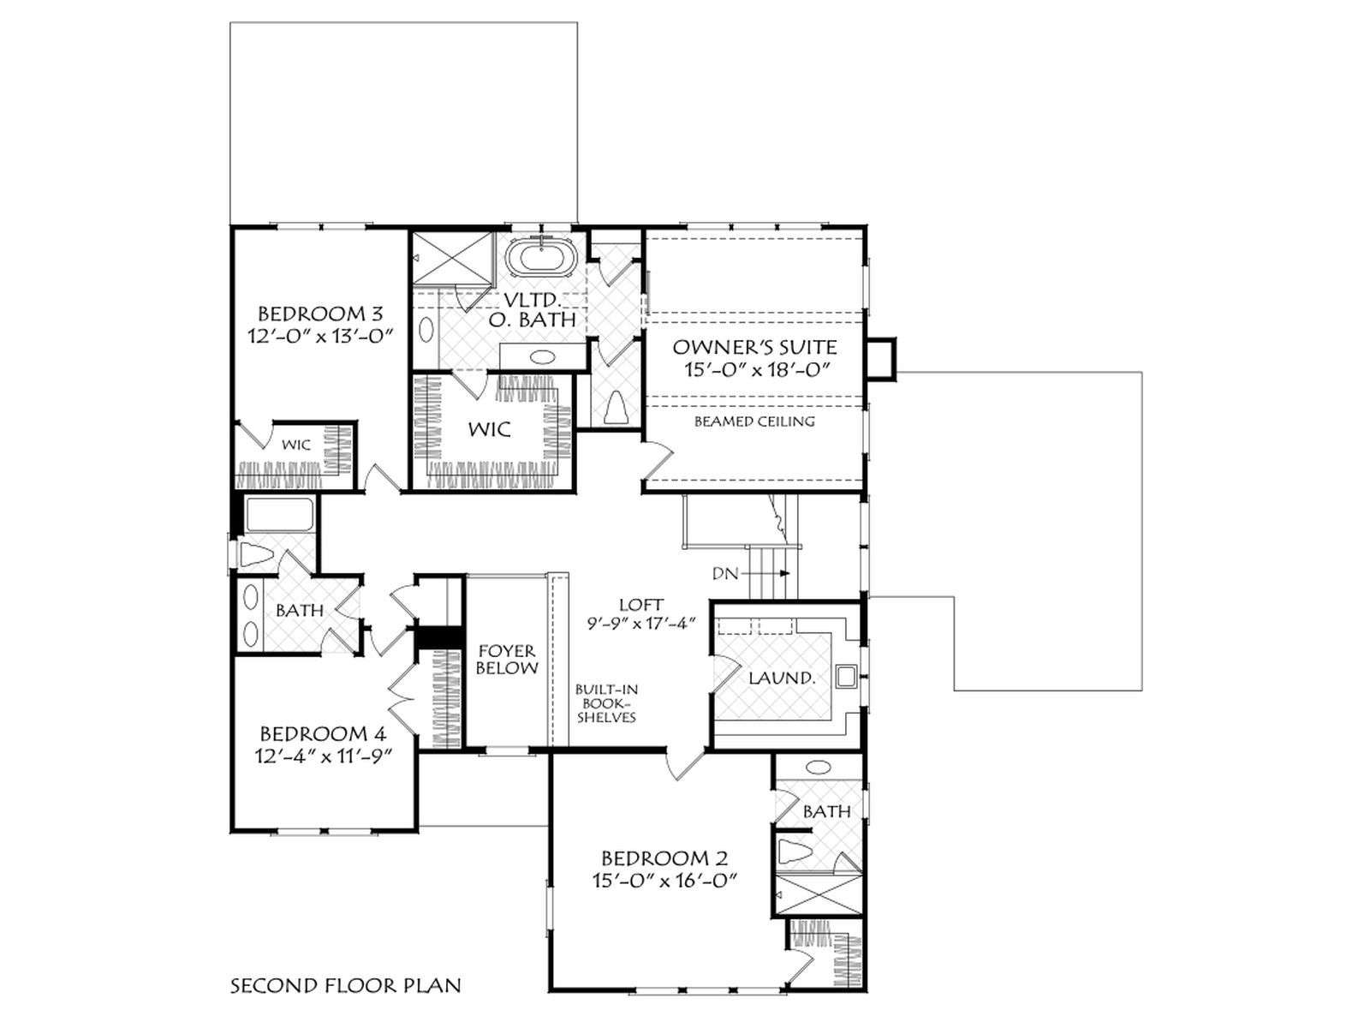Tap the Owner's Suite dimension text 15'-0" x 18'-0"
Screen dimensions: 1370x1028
click(x=759, y=369)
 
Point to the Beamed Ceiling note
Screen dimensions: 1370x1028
click(x=754, y=421)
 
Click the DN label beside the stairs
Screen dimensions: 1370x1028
click(x=725, y=573)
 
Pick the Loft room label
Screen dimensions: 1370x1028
click(x=641, y=604)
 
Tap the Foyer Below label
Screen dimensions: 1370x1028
click(x=507, y=659)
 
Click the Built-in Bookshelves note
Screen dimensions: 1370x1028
click(x=606, y=703)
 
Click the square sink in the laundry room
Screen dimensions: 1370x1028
click(x=846, y=677)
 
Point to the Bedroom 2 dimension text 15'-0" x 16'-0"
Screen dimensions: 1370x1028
click(x=664, y=881)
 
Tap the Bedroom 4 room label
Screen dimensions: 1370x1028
click(x=323, y=732)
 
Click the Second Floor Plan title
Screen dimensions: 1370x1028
click(x=346, y=986)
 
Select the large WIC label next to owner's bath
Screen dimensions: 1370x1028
click(x=489, y=429)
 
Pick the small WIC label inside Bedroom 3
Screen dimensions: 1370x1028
click(x=296, y=445)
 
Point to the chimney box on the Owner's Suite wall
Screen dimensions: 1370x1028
click(x=883, y=358)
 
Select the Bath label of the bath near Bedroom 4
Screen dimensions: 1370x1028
click(x=300, y=610)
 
